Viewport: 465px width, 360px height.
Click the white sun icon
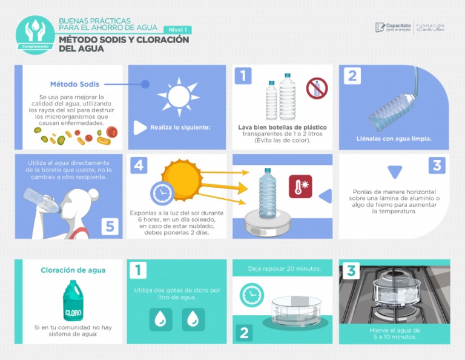tap(178, 95)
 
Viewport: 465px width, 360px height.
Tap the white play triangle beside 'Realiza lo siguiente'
tap(140, 127)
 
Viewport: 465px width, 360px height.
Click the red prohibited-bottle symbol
tap(316, 88)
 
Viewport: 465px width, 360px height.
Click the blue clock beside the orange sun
tap(161, 193)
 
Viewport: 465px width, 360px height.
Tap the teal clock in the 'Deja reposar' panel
tap(251, 295)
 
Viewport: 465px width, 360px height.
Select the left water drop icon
tap(160, 319)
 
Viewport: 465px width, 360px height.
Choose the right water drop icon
tap(193, 319)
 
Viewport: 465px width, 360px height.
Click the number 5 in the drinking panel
tap(110, 226)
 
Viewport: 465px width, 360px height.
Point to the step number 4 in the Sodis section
tap(139, 165)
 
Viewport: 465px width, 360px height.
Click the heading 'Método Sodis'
tap(74, 84)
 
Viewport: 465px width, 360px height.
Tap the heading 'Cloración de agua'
tap(73, 270)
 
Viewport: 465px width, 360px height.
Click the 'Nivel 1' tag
tap(177, 30)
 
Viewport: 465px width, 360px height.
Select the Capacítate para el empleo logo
tap(393, 27)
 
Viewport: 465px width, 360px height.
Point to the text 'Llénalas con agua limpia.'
tap(394, 138)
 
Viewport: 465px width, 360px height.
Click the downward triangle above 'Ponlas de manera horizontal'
tap(395, 172)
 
